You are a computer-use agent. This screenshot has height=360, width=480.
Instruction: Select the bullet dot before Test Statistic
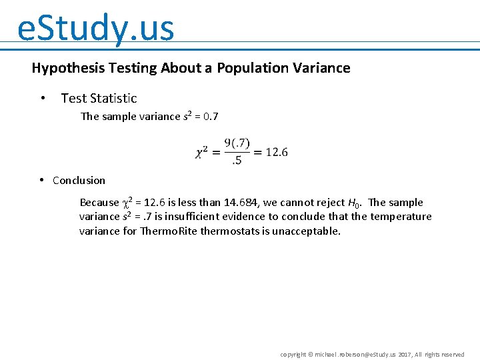coord(43,99)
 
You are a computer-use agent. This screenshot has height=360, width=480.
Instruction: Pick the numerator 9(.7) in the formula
coord(237,143)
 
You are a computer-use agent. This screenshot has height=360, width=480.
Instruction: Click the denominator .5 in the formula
coord(237,160)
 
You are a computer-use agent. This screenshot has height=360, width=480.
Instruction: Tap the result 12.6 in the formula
coord(277,152)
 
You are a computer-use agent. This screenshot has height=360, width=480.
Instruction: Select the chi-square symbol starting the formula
coord(201,153)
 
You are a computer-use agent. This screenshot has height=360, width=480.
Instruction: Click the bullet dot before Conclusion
coord(41,180)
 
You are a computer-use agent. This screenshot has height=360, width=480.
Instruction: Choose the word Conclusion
coord(79,181)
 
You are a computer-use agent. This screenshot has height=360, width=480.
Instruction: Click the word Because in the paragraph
coord(99,203)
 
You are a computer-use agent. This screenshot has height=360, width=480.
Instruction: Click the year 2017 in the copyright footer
coord(406,355)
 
